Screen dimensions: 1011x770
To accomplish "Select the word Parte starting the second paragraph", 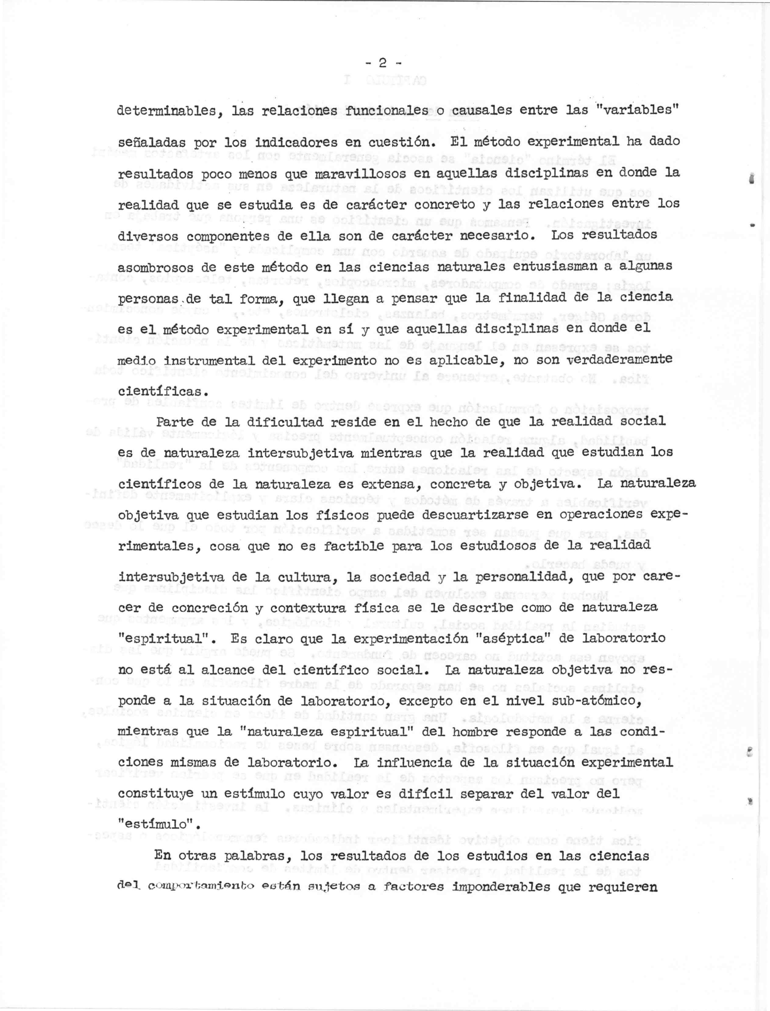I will coord(174,422).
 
